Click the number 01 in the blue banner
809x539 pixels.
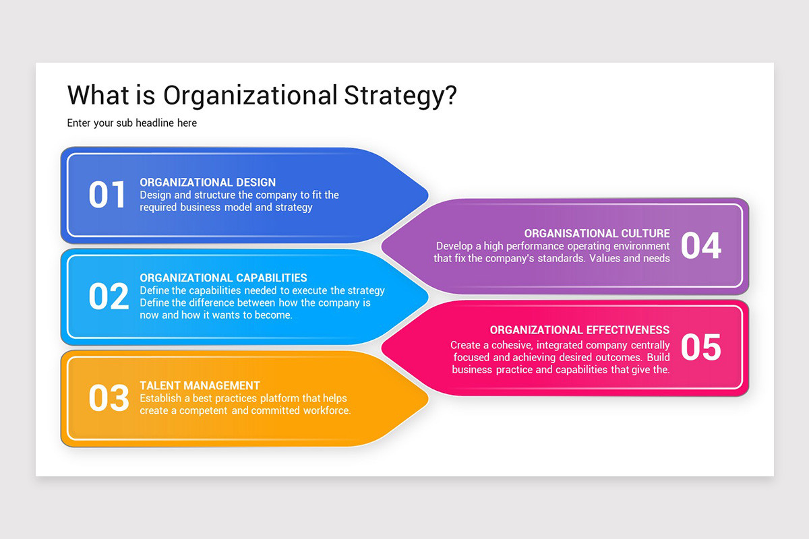point(107,195)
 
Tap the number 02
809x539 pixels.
point(108,296)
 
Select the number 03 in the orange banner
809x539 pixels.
point(108,398)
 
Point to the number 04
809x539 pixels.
point(701,246)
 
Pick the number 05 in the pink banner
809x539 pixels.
point(701,347)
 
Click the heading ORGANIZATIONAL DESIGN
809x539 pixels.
point(208,183)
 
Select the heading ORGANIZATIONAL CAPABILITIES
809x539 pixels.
point(223,278)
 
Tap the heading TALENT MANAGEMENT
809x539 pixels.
point(200,385)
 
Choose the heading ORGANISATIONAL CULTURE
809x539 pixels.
point(597,234)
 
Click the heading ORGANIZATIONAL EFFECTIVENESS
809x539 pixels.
point(580,330)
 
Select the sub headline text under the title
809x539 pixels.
point(132,123)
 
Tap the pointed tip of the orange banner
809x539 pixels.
point(427,398)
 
